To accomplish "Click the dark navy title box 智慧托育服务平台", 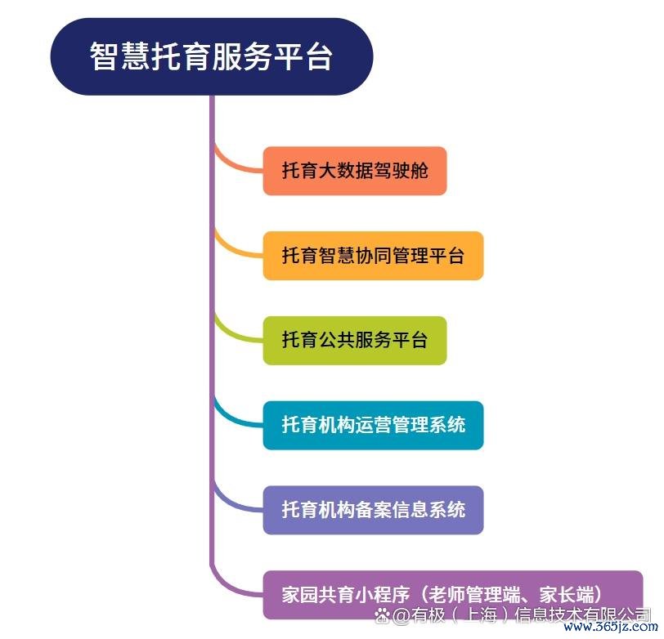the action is [212, 56].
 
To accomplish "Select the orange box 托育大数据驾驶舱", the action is [355, 171].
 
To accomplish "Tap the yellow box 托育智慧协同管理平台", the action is [373, 256].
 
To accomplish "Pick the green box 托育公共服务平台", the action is [355, 340].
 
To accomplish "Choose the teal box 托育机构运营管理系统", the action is [373, 425].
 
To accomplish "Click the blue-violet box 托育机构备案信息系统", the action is [373, 510].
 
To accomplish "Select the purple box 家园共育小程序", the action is [453, 595].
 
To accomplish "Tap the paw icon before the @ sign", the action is [382, 614].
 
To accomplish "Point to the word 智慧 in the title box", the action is [119, 56].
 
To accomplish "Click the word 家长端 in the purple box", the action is [566, 595].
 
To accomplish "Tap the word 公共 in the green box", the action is [337, 340].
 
